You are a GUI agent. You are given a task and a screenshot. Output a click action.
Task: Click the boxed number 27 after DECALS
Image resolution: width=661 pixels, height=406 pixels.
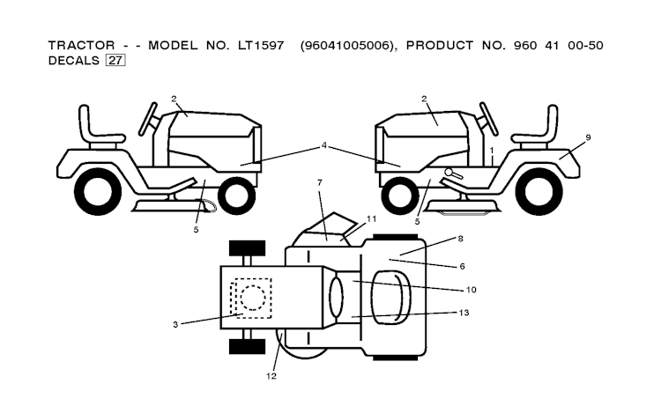pyautogui.click(x=115, y=61)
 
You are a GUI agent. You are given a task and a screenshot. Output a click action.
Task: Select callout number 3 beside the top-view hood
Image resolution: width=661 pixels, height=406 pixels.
pyautogui.click(x=175, y=325)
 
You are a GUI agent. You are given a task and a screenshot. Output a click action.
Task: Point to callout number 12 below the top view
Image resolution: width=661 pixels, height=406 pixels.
pyautogui.click(x=271, y=376)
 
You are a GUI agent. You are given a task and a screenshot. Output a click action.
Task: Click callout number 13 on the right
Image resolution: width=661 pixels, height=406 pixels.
pyautogui.click(x=464, y=312)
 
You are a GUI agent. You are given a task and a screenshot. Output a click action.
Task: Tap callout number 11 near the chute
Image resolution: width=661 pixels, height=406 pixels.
pyautogui.click(x=371, y=218)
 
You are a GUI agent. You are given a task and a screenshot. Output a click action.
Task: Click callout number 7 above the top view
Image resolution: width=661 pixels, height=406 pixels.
pyautogui.click(x=320, y=182)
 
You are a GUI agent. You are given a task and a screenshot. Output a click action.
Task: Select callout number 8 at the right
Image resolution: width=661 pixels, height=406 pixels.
pyautogui.click(x=459, y=238)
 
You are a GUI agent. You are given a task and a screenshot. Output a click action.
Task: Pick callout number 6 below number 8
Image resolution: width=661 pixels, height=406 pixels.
pyautogui.click(x=462, y=265)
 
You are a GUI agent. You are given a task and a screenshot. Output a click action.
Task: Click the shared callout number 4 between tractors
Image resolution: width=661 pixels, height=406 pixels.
pyautogui.click(x=324, y=145)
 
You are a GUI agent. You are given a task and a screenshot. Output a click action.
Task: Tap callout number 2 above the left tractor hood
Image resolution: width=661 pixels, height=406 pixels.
pyautogui.click(x=175, y=99)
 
